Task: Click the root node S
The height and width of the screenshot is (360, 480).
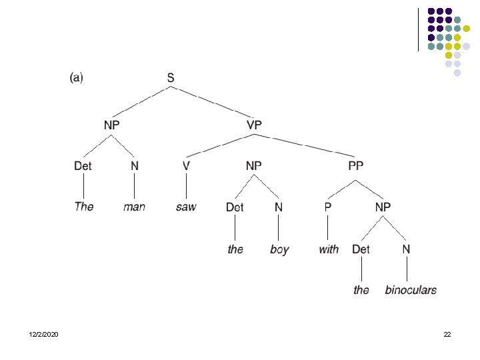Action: (x=171, y=79)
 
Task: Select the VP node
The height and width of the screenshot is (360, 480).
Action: (x=254, y=124)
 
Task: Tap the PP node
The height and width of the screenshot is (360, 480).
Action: (x=356, y=165)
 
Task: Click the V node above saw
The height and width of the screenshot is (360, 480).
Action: (x=187, y=165)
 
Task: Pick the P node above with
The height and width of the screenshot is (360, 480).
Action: (x=327, y=207)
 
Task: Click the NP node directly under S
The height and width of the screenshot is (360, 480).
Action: (x=111, y=124)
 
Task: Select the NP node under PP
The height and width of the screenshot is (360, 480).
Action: (x=383, y=207)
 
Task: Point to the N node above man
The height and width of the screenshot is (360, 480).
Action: (x=134, y=165)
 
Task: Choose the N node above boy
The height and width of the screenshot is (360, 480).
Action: (x=279, y=207)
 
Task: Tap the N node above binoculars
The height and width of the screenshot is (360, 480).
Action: (x=405, y=249)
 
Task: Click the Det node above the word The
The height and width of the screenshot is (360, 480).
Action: (x=83, y=165)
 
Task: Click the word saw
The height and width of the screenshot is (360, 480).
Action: (x=186, y=207)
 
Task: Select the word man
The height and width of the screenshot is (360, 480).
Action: (x=134, y=207)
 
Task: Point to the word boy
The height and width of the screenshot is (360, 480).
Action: (x=279, y=250)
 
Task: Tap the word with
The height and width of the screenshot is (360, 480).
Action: (x=329, y=249)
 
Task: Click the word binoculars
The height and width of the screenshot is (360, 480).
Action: (x=411, y=290)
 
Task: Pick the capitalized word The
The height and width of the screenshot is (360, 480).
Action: (x=84, y=207)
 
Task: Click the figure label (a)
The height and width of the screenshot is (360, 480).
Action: (x=76, y=77)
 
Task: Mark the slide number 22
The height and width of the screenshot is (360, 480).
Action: (x=447, y=333)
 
